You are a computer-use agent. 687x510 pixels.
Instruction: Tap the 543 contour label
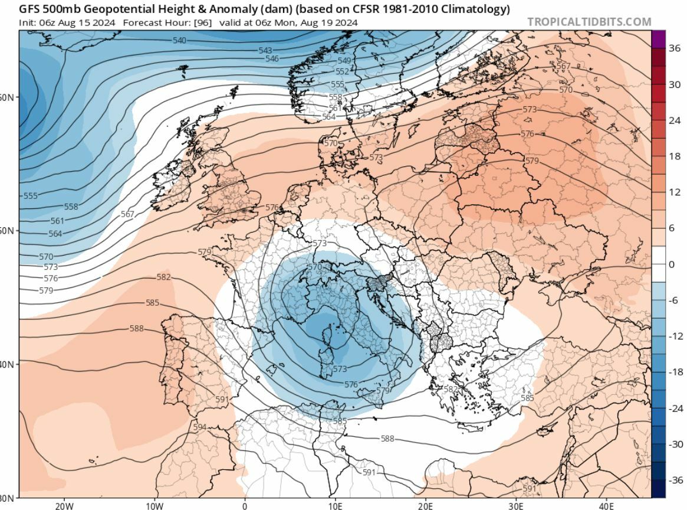coord(265,51)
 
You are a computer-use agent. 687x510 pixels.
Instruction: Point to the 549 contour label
coord(344,61)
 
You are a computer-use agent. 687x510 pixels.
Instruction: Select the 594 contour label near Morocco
coord(200,427)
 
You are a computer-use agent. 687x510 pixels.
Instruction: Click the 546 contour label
coord(272,58)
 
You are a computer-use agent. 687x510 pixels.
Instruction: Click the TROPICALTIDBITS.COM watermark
coord(589,22)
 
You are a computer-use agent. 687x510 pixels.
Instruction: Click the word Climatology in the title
coord(478,9)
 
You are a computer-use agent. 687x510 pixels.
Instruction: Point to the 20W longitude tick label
coord(64,505)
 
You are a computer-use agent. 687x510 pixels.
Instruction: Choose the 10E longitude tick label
coord(335,505)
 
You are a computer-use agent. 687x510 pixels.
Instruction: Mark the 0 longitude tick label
coord(245,505)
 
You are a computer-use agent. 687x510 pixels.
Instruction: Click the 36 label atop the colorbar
coord(675,48)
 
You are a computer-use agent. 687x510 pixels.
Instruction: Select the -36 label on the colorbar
coord(675,480)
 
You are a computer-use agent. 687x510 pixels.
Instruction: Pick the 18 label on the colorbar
coord(675,156)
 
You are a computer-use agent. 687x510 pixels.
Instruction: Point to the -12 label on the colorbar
coord(675,336)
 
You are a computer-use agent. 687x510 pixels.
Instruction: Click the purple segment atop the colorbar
coord(659,39)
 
